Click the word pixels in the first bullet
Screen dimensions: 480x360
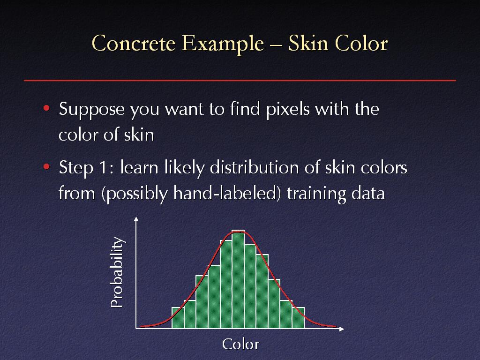(288, 109)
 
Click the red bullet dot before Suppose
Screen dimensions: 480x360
(46, 108)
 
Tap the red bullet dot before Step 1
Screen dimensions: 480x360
(46, 167)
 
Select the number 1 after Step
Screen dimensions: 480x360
(104, 167)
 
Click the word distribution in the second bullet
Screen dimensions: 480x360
(254, 167)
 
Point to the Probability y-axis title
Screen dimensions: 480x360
(117, 272)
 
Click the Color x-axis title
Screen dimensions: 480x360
(240, 344)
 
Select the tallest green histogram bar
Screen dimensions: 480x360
(238, 279)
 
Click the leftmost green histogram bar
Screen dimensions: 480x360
(178, 318)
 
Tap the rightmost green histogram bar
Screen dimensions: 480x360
(298, 318)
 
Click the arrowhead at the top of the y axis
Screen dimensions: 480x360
(136, 219)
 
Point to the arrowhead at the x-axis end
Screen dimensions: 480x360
(342, 329)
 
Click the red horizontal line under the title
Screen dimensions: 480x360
(240, 80)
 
